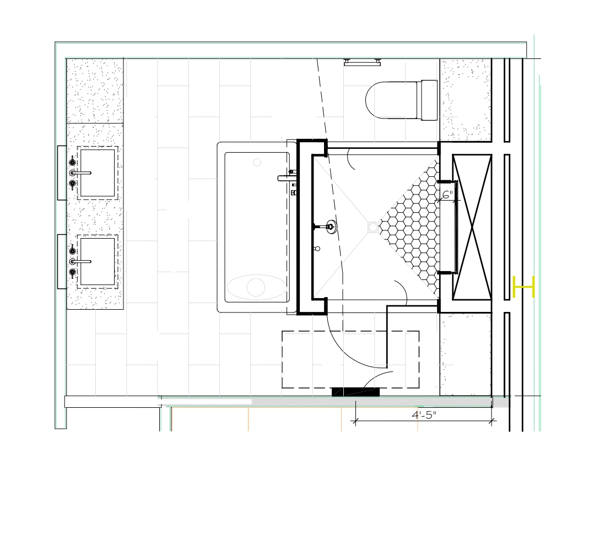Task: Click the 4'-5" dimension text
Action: (x=424, y=414)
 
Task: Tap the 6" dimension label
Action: (x=448, y=195)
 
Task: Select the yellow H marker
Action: (x=524, y=287)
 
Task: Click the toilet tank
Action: (x=429, y=100)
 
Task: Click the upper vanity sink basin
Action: (x=98, y=173)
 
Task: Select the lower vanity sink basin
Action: (x=98, y=262)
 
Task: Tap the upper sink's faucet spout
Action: (x=82, y=173)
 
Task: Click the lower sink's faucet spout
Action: (x=82, y=262)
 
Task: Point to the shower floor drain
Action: (x=373, y=227)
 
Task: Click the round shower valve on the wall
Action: (x=332, y=227)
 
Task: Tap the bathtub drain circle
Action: (x=257, y=163)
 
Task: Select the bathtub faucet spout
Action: (x=287, y=178)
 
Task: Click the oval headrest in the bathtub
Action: (x=257, y=288)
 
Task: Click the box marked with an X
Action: (x=472, y=227)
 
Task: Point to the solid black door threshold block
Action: (x=355, y=392)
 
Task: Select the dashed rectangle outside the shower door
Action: (x=350, y=359)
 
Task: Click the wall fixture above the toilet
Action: (x=362, y=62)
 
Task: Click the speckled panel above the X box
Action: (x=466, y=100)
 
